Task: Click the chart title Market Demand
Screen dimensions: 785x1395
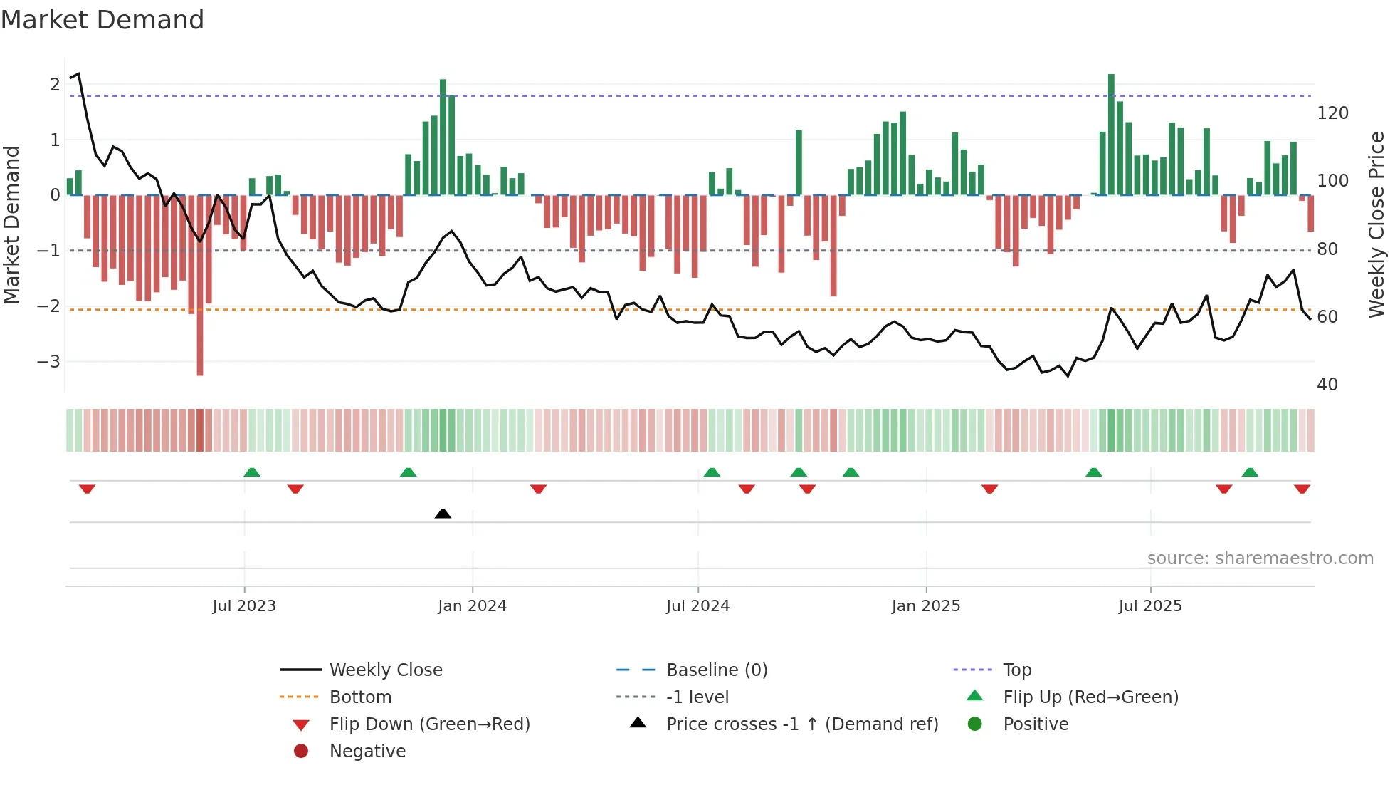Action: pos(102,20)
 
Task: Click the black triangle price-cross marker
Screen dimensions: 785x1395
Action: pos(443,514)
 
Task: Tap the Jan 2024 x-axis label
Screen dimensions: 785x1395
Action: pos(472,606)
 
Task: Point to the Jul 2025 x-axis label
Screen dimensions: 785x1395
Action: pos(1149,606)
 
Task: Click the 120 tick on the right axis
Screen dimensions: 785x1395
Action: pos(1332,113)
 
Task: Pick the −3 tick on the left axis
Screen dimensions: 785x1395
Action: pos(49,361)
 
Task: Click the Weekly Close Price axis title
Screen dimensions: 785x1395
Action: pos(1376,224)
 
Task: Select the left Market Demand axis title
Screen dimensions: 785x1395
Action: pos(12,224)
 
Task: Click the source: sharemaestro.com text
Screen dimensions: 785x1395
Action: pos(1260,558)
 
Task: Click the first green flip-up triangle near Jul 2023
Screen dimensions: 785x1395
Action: pos(252,472)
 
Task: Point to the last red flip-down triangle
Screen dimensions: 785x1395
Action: pos(1302,489)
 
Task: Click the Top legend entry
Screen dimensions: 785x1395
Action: pos(1016,670)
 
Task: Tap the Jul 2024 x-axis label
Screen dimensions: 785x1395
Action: pos(697,606)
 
